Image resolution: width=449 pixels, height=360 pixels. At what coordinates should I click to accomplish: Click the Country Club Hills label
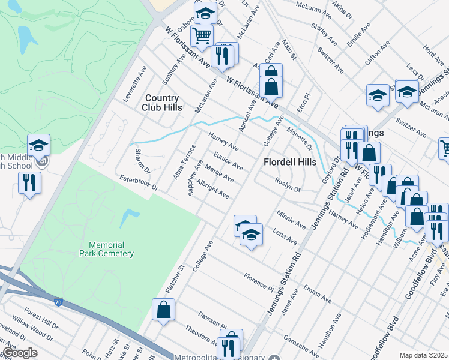click(x=160, y=103)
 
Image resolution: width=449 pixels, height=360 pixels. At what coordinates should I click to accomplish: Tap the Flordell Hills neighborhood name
click(x=290, y=162)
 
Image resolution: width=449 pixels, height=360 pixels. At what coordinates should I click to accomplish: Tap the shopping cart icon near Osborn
click(x=202, y=35)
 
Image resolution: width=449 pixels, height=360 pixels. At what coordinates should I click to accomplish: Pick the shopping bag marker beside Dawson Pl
click(x=163, y=310)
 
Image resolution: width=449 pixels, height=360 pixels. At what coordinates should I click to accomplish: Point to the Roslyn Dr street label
click(x=288, y=185)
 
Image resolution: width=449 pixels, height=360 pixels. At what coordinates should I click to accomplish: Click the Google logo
click(x=20, y=352)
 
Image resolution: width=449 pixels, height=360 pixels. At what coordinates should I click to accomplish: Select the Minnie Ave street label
click(x=291, y=217)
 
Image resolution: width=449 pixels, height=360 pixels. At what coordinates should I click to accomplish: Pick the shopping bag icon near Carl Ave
click(x=271, y=86)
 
